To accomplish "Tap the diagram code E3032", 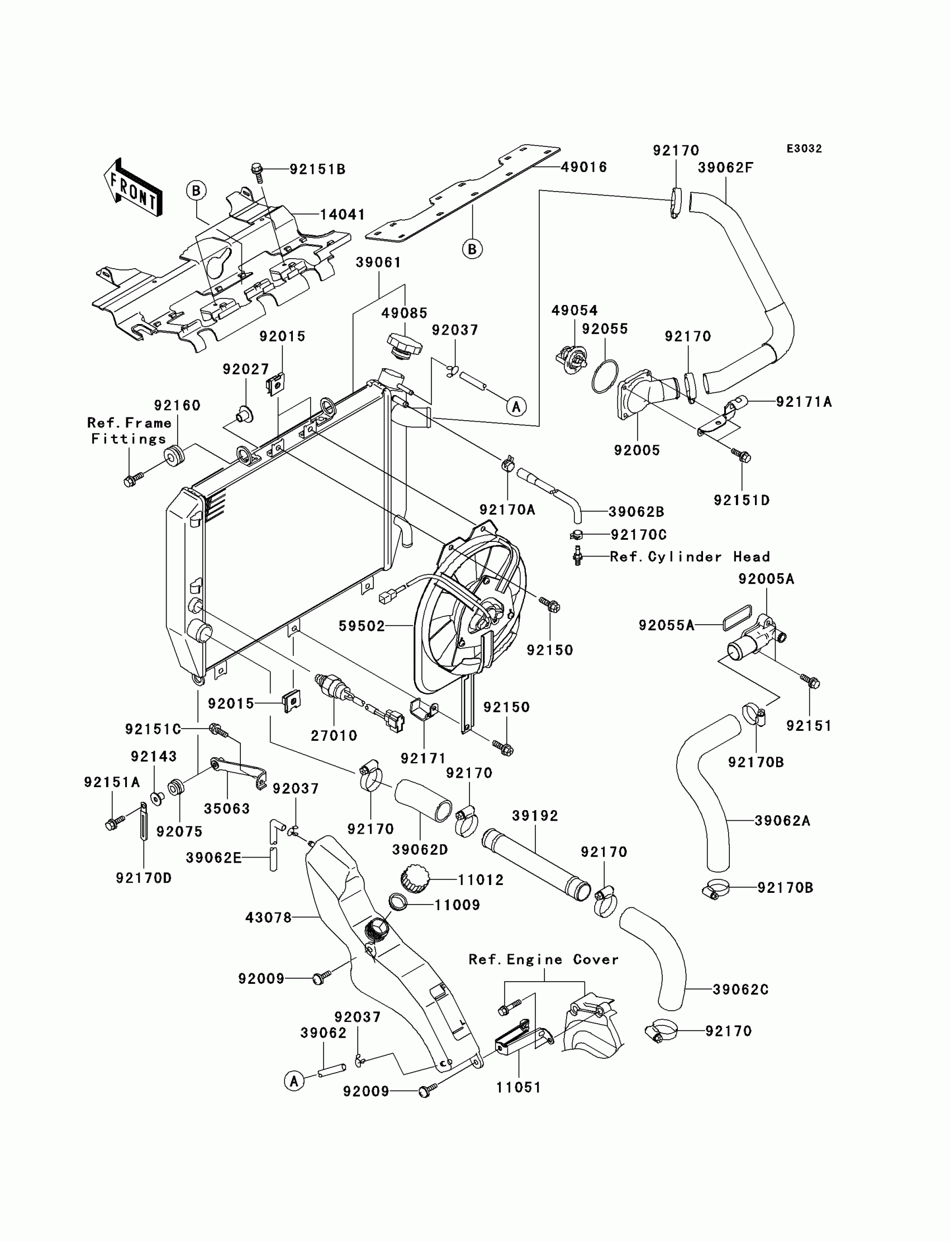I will (804, 149).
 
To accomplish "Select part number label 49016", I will (583, 168).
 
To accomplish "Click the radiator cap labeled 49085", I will (405, 344).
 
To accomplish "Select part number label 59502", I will (362, 626).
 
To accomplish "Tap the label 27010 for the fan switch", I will (334, 735).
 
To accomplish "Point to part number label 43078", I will (269, 917).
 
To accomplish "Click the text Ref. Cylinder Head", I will (690, 557).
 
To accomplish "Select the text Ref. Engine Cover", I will (543, 959).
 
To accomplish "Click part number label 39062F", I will (725, 168).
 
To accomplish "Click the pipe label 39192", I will (535, 816).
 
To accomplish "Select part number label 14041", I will (342, 215).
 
